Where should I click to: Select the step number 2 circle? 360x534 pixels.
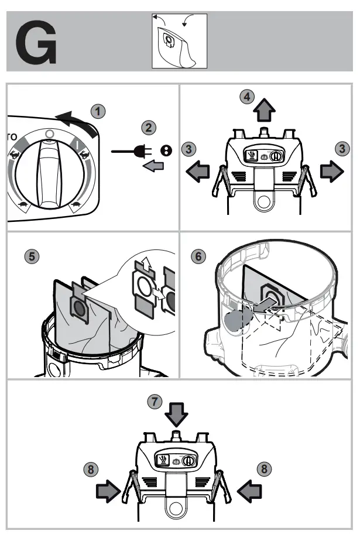click(149, 127)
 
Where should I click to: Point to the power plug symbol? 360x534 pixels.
click(135, 152)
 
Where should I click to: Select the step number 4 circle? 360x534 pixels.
click(248, 97)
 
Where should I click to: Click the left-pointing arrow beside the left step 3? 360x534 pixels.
click(198, 170)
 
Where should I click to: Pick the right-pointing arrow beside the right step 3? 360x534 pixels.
click(331, 170)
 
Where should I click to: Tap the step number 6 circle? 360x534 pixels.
click(200, 256)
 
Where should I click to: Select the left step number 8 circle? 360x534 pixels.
click(90, 469)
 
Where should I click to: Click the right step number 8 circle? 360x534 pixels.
click(265, 469)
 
